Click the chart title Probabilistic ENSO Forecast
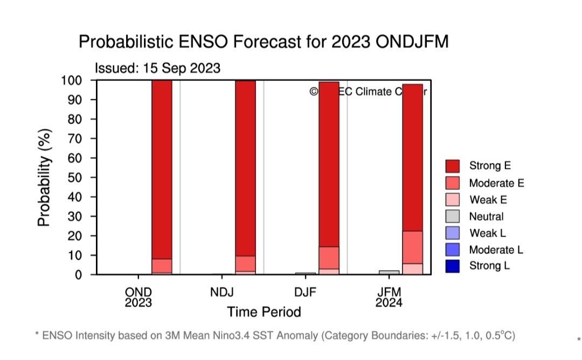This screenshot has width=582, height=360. [x=264, y=41]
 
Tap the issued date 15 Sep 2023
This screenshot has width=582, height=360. [x=158, y=68]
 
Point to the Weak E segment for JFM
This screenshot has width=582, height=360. [x=412, y=269]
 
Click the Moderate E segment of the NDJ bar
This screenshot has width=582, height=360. [x=245, y=264]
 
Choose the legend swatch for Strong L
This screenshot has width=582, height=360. [x=453, y=266]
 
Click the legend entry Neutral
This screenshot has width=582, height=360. [x=486, y=217]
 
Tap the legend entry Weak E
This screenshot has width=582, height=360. [x=488, y=200]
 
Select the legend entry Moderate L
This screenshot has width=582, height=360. [x=496, y=250]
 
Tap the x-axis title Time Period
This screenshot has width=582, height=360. [x=264, y=312]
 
